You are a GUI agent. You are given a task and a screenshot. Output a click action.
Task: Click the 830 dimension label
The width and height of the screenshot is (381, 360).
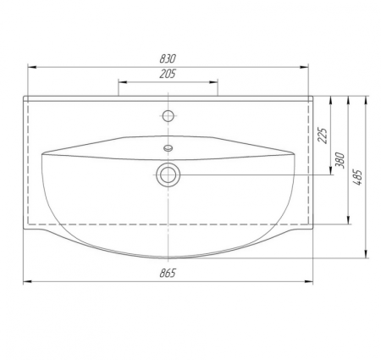168,58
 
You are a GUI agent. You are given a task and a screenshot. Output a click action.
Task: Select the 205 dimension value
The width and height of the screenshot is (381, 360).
168,74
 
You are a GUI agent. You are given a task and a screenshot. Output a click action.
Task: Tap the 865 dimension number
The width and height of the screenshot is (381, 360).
168,273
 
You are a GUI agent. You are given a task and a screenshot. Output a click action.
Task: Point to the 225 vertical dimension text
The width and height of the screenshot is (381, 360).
323,136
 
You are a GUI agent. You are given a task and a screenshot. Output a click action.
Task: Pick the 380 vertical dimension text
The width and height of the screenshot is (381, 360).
340,160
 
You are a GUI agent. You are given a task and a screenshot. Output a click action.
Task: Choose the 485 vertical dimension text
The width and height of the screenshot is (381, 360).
357,177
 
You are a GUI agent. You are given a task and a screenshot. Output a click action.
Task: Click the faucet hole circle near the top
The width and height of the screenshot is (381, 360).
168,116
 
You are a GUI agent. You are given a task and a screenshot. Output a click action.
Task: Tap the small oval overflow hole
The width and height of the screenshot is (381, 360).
168,148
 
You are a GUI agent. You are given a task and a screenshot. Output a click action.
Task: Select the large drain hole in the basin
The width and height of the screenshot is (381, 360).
168,175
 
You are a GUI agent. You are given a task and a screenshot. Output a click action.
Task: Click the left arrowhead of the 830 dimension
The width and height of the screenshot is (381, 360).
31,67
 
